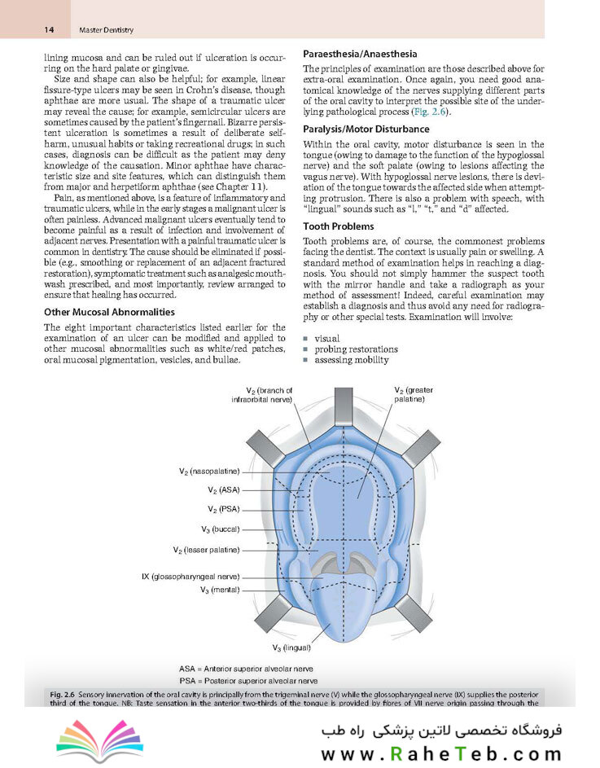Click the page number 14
(49, 30)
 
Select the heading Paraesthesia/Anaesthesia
(359, 54)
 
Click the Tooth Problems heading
(338, 226)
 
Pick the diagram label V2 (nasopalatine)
(209, 471)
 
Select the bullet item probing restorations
(356, 349)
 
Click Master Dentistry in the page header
(106, 30)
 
